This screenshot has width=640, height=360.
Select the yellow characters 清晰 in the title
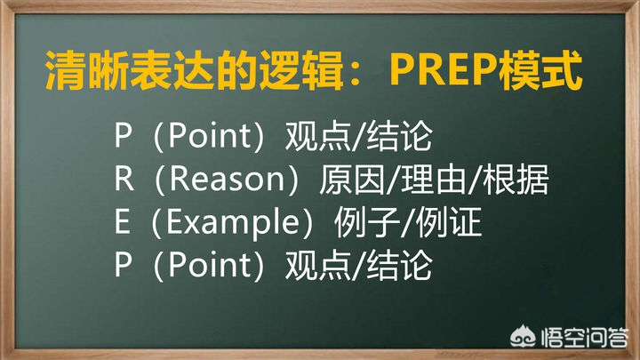click(x=86, y=70)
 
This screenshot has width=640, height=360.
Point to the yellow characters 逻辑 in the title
click(x=301, y=70)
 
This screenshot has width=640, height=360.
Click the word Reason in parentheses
click(x=227, y=179)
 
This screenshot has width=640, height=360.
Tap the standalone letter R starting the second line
click(x=124, y=179)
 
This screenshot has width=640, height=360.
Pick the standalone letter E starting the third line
click(x=123, y=222)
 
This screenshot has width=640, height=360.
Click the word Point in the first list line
click(x=209, y=135)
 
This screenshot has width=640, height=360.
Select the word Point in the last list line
click(x=209, y=265)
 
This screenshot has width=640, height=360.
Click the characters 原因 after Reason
click(x=352, y=180)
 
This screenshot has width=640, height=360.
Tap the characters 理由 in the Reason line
click(x=434, y=180)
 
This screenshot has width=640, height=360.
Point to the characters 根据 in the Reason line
click(x=516, y=180)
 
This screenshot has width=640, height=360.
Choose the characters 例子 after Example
click(x=367, y=223)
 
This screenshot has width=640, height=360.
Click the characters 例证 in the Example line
click(x=449, y=223)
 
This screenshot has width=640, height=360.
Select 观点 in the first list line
click(x=318, y=136)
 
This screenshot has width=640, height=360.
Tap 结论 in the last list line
click(x=400, y=266)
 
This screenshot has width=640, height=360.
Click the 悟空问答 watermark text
click(x=585, y=338)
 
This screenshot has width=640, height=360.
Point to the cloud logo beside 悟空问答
click(x=524, y=336)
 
